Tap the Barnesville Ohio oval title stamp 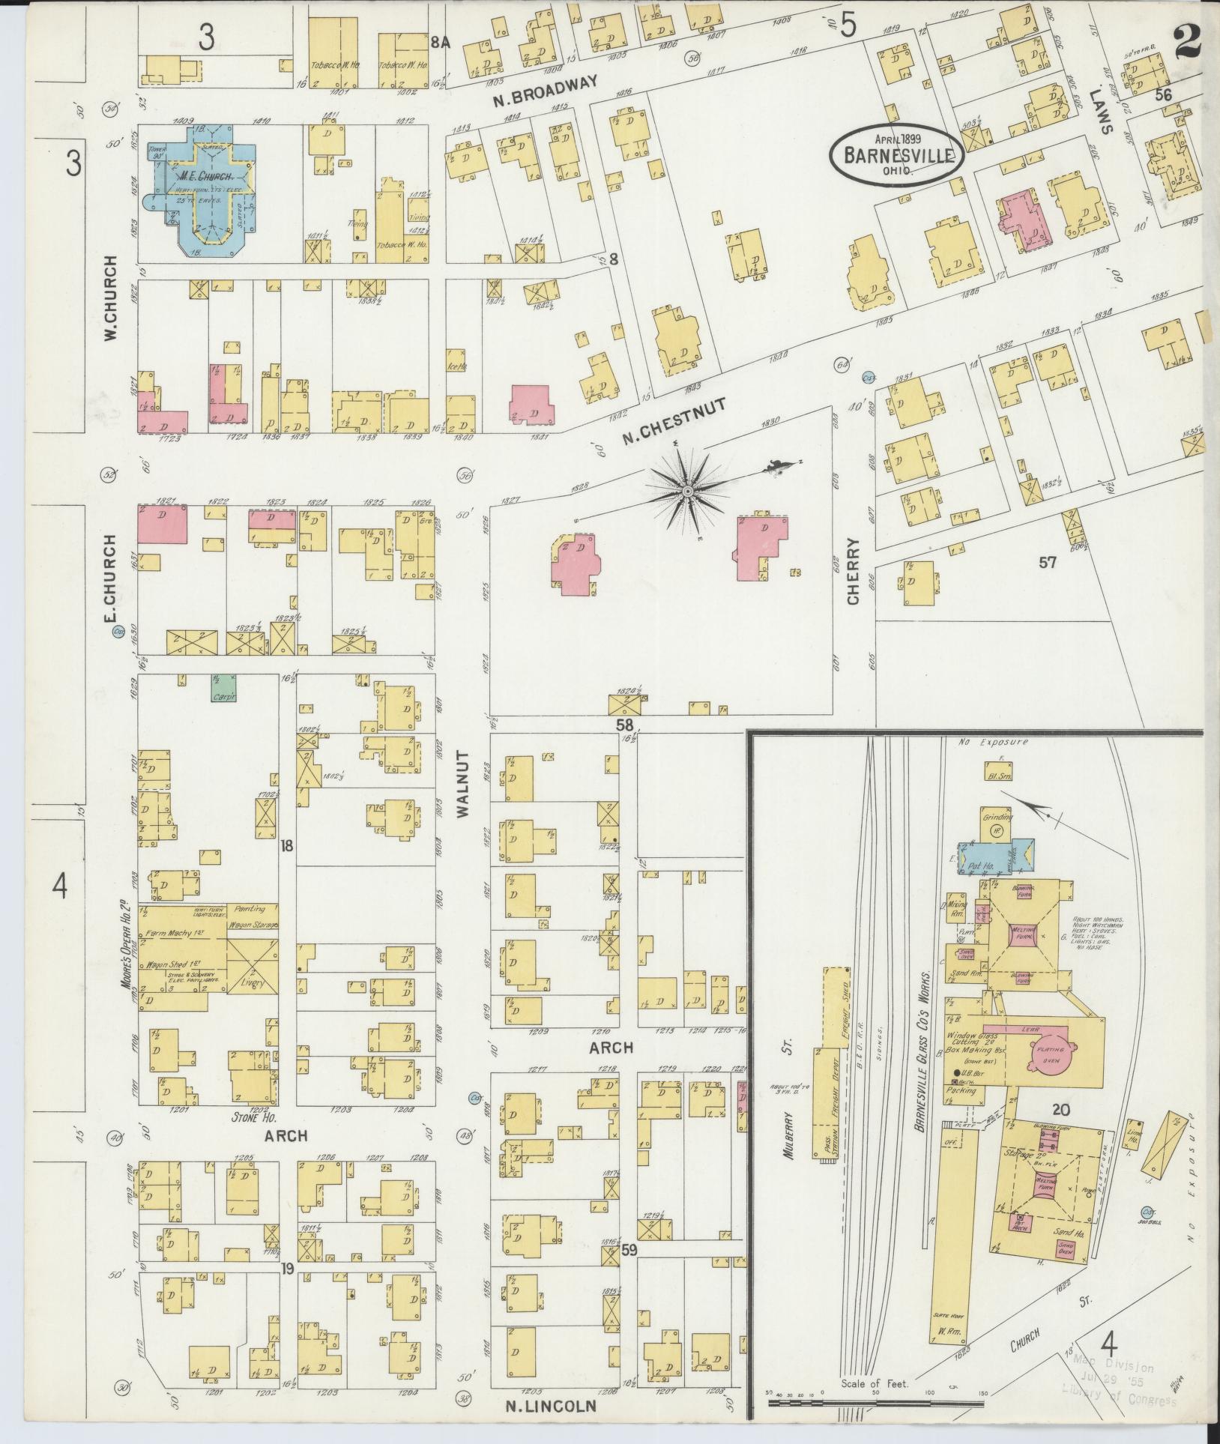(896, 154)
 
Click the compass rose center (686, 491)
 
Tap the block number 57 (1047, 562)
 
